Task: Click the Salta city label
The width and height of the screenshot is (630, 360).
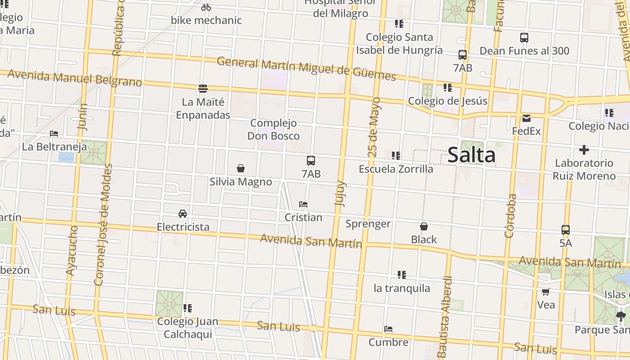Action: point(471,155)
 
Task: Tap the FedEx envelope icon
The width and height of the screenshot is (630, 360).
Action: point(526,118)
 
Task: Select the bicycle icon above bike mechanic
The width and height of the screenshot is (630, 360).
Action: point(206,7)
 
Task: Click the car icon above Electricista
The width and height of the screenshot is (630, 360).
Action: point(183,213)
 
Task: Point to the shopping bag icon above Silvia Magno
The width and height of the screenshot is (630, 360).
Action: point(241,169)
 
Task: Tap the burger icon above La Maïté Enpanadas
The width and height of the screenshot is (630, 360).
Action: point(203,89)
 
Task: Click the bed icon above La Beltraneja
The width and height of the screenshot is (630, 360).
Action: point(54,134)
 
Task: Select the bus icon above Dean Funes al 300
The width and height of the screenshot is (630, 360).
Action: point(524,38)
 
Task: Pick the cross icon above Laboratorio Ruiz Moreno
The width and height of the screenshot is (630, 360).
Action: point(584,150)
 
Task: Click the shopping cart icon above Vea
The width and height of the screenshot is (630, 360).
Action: point(546,292)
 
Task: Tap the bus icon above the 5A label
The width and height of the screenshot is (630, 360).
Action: point(566,230)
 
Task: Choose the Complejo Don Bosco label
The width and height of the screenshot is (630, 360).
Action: point(274,129)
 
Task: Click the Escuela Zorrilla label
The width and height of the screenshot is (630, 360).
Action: point(396,169)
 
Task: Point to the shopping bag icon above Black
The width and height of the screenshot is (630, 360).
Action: point(423,226)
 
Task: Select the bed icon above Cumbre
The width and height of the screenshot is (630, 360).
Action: point(388,329)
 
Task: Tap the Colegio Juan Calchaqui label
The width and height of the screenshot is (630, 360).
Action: point(188,328)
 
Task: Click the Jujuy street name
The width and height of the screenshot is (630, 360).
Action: point(341,193)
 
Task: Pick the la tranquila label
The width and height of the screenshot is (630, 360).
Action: point(401,288)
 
